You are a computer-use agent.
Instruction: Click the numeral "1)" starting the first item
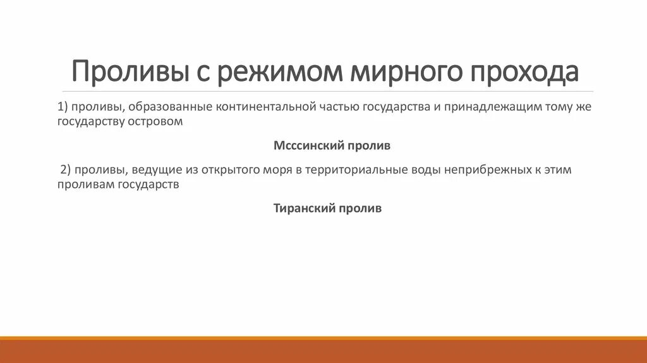[63, 107]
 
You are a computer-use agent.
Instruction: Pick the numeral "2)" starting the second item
[66, 170]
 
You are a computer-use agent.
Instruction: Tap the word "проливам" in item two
[85, 185]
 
